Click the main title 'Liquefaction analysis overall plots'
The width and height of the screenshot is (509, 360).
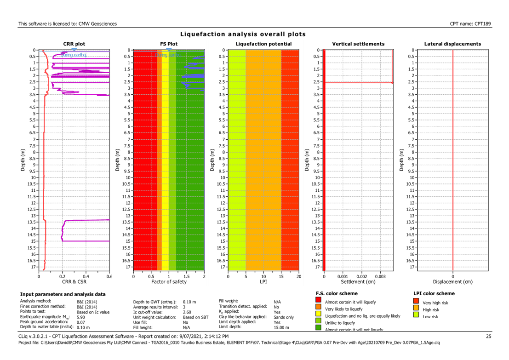[x=243, y=34]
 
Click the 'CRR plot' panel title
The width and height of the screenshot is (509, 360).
[x=74, y=44]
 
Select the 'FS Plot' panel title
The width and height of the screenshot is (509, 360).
[x=169, y=44]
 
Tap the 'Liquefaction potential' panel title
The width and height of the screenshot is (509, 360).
[x=263, y=44]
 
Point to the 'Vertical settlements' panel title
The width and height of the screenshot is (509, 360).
[x=358, y=44]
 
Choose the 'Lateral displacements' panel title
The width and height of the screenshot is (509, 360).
[x=453, y=44]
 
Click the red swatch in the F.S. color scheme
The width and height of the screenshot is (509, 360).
[x=319, y=302]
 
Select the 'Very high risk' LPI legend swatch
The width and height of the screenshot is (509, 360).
[x=417, y=302]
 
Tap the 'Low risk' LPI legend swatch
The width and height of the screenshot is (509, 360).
[x=417, y=315]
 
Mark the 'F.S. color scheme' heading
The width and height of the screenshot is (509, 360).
[x=337, y=293]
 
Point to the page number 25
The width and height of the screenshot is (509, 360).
[x=489, y=337]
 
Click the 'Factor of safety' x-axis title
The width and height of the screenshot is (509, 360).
[x=169, y=281]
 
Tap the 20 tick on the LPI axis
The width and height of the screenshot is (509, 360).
[x=298, y=277]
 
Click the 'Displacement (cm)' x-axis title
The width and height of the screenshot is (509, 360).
[x=453, y=281]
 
